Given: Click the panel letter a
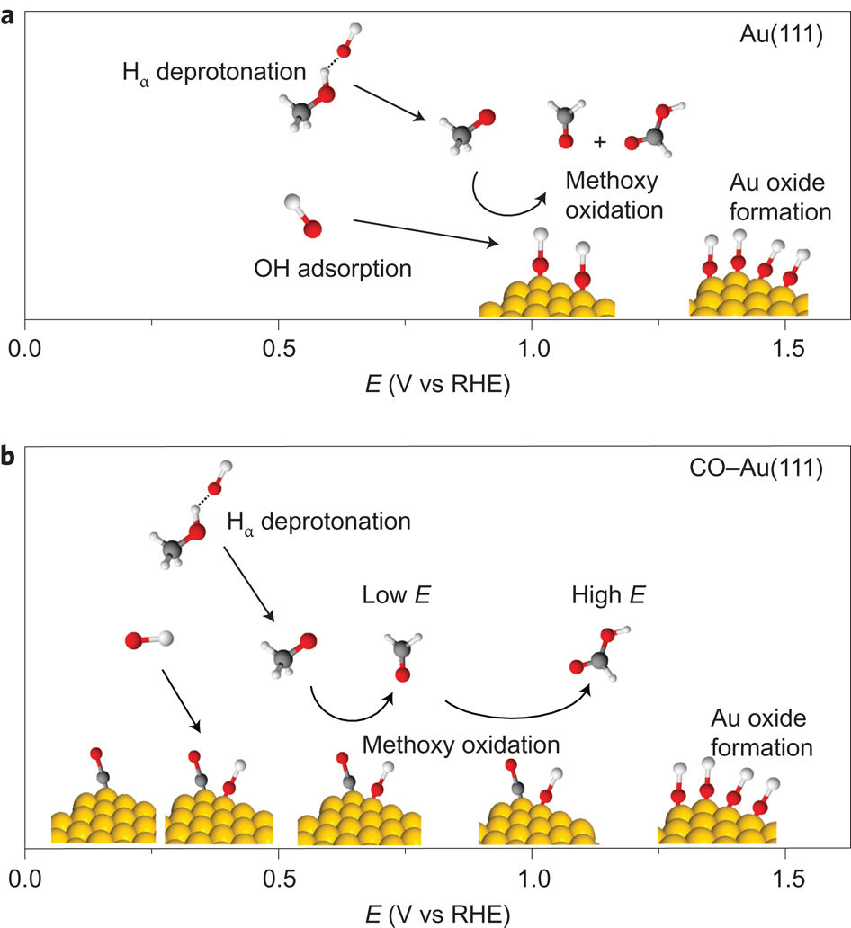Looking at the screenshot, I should [10, 15].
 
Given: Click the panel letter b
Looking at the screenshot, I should [10, 457].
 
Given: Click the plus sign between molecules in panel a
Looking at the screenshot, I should [600, 142].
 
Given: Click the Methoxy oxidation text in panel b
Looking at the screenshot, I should [461, 745].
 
